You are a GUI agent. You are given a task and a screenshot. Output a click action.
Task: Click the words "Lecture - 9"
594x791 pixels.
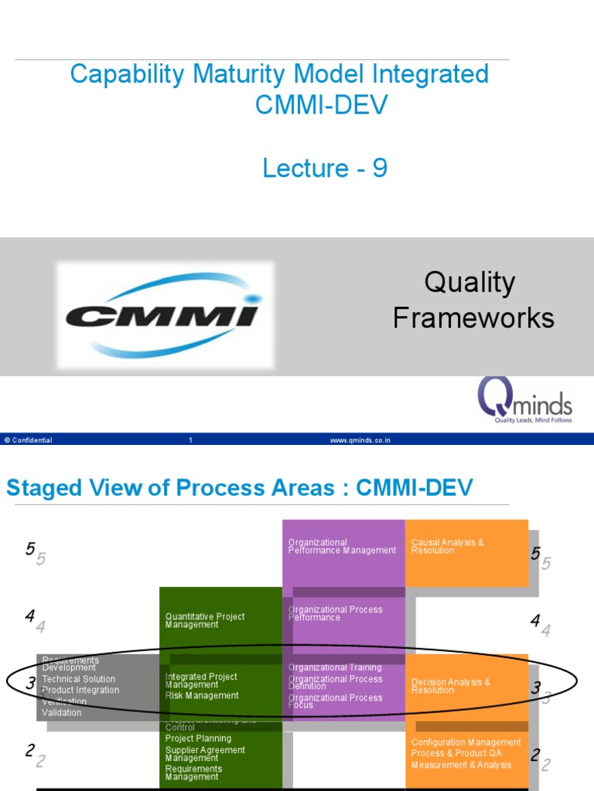325,168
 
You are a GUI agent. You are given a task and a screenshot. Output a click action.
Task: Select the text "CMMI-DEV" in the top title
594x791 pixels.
321,105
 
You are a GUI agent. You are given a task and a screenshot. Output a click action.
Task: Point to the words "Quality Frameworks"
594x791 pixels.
473,300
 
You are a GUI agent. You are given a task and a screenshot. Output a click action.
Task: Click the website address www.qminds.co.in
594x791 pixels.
360,440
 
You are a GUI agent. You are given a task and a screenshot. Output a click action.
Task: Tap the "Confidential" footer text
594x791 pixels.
29,440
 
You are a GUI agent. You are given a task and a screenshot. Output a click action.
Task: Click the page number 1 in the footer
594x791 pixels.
190,440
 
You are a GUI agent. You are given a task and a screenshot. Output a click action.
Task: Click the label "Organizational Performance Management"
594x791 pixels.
342,546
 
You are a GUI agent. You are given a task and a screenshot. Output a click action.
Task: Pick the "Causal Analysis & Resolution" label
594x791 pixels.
447,546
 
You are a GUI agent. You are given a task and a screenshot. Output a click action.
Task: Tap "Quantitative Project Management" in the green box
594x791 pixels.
204,620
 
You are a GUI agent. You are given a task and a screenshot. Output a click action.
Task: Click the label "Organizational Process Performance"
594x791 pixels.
335,613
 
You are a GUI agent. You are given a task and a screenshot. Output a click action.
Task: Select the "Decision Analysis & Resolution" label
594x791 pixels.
450,686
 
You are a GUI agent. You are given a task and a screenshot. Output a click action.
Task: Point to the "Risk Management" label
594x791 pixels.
202,696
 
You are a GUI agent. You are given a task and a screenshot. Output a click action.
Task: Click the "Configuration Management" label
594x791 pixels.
466,742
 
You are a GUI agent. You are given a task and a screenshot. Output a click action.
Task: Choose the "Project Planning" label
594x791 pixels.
198,738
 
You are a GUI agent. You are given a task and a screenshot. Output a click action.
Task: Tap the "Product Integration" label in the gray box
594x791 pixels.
80,691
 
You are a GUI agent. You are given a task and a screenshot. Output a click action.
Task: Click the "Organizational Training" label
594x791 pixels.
335,667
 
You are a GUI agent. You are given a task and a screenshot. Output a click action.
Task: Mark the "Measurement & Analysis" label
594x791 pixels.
461,766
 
